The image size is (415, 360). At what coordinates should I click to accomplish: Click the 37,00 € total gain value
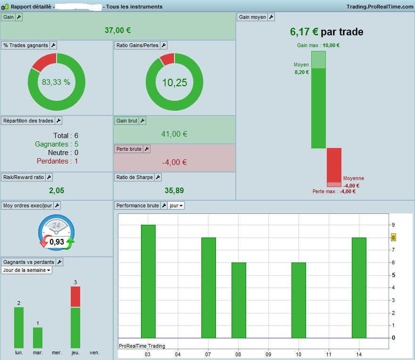(118, 30)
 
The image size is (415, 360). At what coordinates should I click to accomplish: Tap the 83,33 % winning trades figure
(56, 82)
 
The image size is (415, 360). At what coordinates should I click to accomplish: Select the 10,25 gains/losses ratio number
(174, 83)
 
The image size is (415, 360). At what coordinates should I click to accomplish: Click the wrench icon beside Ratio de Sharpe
(158, 177)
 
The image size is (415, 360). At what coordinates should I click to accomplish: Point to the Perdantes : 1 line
(57, 161)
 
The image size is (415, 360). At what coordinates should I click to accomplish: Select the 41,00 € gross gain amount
(174, 134)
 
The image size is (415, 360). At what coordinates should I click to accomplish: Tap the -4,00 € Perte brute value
(174, 162)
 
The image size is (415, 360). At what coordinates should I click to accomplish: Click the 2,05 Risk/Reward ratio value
(57, 190)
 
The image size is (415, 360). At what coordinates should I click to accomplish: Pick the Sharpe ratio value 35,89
(174, 190)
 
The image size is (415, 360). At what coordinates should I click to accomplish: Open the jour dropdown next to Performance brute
(176, 205)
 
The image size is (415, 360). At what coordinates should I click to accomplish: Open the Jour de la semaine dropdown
(26, 270)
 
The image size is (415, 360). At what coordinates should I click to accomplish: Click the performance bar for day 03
(148, 281)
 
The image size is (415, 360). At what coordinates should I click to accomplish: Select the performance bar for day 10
(299, 300)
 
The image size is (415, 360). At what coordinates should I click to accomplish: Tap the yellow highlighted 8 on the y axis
(393, 237)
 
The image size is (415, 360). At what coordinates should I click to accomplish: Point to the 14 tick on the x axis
(358, 354)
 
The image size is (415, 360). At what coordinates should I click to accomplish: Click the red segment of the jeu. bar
(75, 297)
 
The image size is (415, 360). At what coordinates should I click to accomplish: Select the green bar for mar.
(38, 338)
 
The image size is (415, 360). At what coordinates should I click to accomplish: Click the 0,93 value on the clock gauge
(57, 242)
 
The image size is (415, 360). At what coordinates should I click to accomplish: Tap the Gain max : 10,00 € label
(318, 46)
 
